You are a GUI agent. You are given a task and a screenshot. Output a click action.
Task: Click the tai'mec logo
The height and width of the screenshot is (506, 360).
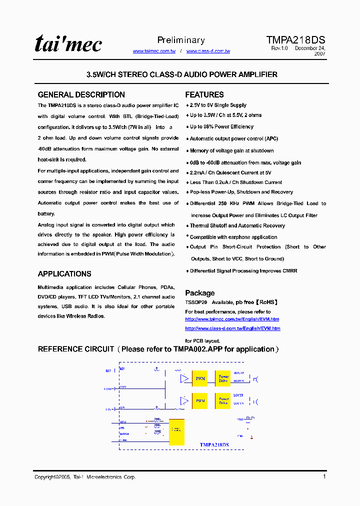(x=68, y=44)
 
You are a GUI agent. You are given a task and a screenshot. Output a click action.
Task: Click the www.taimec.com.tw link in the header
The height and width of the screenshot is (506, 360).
(x=154, y=51)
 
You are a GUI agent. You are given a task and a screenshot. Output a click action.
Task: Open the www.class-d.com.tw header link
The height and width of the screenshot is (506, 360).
(x=208, y=51)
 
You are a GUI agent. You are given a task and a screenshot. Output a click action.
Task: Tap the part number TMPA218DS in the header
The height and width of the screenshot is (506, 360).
(x=295, y=40)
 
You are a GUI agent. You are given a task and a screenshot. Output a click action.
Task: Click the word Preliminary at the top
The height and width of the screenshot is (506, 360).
(x=181, y=40)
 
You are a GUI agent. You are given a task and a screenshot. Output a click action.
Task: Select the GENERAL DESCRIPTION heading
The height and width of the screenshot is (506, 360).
(x=81, y=94)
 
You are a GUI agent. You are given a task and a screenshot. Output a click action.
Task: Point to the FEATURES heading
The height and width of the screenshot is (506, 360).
(x=204, y=94)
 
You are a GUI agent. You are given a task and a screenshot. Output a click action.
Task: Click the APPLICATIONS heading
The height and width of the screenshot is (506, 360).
(x=64, y=274)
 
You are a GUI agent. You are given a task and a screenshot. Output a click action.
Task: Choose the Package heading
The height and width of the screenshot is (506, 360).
(x=200, y=293)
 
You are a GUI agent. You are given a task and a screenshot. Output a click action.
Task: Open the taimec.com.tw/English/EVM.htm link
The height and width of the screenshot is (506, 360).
(x=232, y=319)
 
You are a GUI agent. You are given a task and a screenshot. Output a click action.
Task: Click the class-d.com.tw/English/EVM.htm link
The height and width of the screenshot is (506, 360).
(x=232, y=328)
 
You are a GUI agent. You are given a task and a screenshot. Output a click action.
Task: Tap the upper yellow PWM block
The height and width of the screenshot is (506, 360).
(x=200, y=378)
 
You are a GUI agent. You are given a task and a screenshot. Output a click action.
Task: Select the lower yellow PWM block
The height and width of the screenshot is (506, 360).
(x=200, y=401)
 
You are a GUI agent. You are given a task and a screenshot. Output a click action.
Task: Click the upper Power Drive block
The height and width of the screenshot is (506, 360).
(x=223, y=378)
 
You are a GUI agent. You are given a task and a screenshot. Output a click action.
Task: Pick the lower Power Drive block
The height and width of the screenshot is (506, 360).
(x=223, y=401)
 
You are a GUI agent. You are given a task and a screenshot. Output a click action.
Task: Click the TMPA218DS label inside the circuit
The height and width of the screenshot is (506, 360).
(x=214, y=444)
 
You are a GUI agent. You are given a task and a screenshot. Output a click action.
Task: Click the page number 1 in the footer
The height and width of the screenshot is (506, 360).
(x=324, y=476)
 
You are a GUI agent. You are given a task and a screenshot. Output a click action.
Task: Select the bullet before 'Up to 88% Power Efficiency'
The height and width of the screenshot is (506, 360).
(x=187, y=127)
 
